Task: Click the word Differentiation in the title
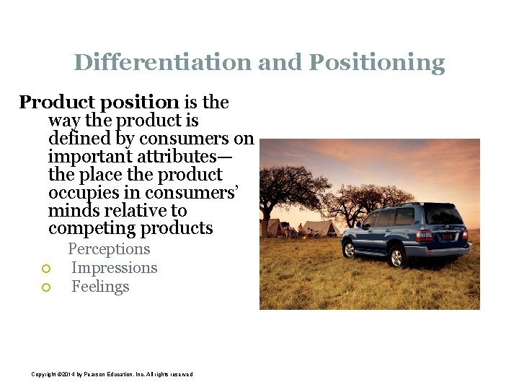(x=163, y=63)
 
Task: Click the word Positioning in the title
(x=376, y=64)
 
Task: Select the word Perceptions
(x=109, y=249)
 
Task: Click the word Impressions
(x=114, y=268)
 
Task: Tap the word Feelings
(x=100, y=287)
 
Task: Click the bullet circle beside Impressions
(x=45, y=269)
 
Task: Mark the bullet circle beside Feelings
(x=45, y=287)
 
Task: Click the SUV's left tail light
(x=425, y=235)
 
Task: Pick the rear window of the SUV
(x=443, y=214)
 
